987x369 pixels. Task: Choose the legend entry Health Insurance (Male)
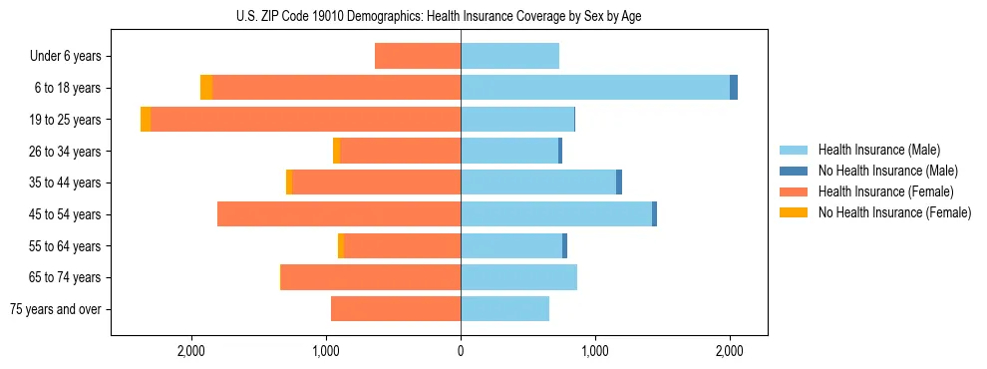[x=878, y=150]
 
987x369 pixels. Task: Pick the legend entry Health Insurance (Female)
[x=885, y=191]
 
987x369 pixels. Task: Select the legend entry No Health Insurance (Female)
[x=894, y=212]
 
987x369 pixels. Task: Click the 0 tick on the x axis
[x=461, y=351]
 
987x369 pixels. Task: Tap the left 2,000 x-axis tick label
[x=190, y=351]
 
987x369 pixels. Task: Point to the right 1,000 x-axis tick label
[x=595, y=351]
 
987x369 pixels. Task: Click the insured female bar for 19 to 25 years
[x=305, y=120]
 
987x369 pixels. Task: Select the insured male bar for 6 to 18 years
[x=595, y=88]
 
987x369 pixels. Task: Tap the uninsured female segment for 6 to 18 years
[x=206, y=88]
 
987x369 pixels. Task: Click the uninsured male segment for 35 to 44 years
[x=619, y=183]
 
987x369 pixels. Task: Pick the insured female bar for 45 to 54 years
[x=339, y=214]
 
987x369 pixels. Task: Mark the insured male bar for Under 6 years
[x=509, y=56]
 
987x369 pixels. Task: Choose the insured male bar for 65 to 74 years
[x=518, y=277]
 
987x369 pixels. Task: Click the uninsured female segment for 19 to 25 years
[x=146, y=120]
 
